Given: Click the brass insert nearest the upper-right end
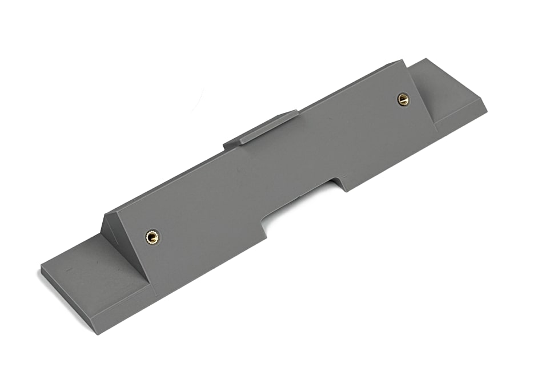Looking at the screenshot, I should tap(403, 99).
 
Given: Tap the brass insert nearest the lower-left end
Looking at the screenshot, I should tap(152, 237).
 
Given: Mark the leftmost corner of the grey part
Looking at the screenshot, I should tap(41, 268).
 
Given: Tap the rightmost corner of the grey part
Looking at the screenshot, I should tap(486, 108).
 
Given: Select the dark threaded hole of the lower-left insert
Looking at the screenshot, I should tap(152, 237).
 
